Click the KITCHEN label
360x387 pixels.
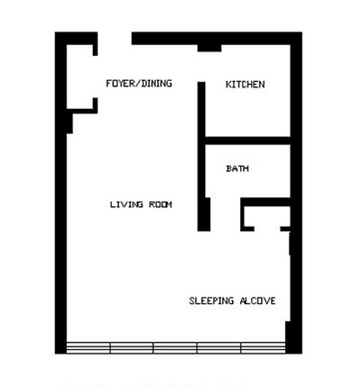tap(245, 84)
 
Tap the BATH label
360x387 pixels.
tap(237, 168)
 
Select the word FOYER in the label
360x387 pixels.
tap(119, 83)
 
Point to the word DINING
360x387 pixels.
tap(156, 83)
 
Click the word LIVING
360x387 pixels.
tap(127, 205)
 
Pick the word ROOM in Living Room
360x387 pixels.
tap(161, 205)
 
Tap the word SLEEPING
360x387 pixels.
tap(211, 301)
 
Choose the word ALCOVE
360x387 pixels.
tap(257, 301)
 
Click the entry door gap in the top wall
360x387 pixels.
tap(115, 38)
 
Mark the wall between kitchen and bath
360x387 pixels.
tap(248, 140)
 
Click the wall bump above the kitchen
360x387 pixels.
tap(210, 48)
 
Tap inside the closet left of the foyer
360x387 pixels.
tap(80, 77)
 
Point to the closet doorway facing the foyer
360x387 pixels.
tap(95, 77)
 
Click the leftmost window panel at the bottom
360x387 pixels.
tap(89, 347)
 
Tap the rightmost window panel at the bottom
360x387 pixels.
tap(263, 347)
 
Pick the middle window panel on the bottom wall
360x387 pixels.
tap(175, 347)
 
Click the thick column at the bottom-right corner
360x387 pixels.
tap(294, 337)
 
